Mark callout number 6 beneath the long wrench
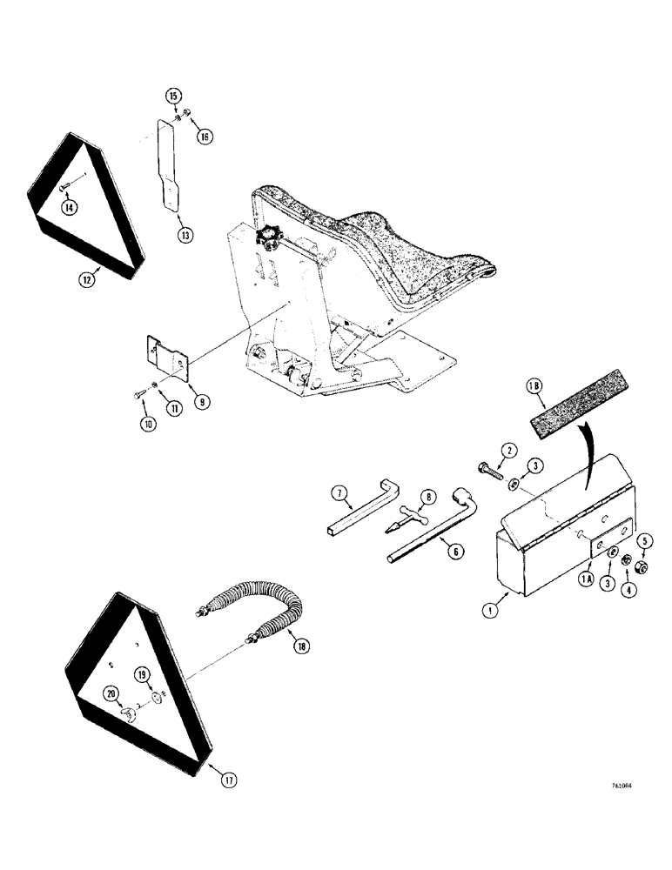coord(450,550)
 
